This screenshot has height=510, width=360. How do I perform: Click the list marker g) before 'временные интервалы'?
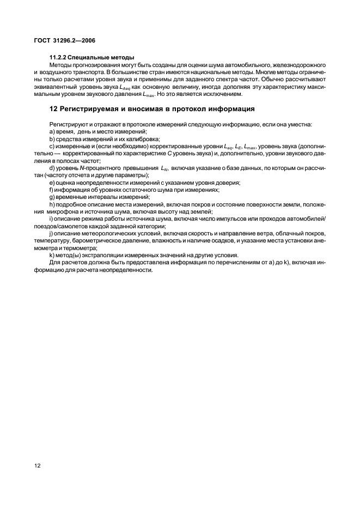click(x=52, y=197)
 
